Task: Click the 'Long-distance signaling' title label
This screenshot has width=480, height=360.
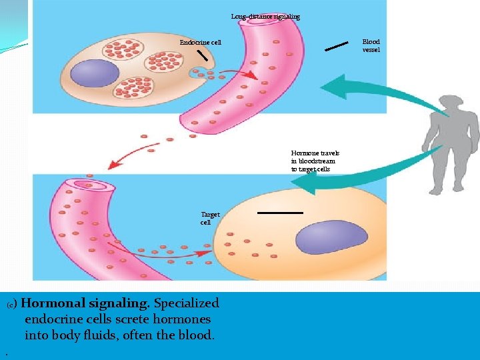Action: (x=265, y=16)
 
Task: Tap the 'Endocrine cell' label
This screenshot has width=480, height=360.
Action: (x=200, y=43)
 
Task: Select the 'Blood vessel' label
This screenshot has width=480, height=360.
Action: (x=371, y=46)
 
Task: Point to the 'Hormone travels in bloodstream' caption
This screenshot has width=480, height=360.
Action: (x=313, y=161)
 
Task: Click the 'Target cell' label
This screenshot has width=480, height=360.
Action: (x=210, y=218)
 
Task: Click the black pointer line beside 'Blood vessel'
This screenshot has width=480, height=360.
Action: (x=336, y=46)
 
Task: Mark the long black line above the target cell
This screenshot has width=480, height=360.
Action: (x=280, y=213)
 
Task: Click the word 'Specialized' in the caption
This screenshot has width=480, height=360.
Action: (x=186, y=303)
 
